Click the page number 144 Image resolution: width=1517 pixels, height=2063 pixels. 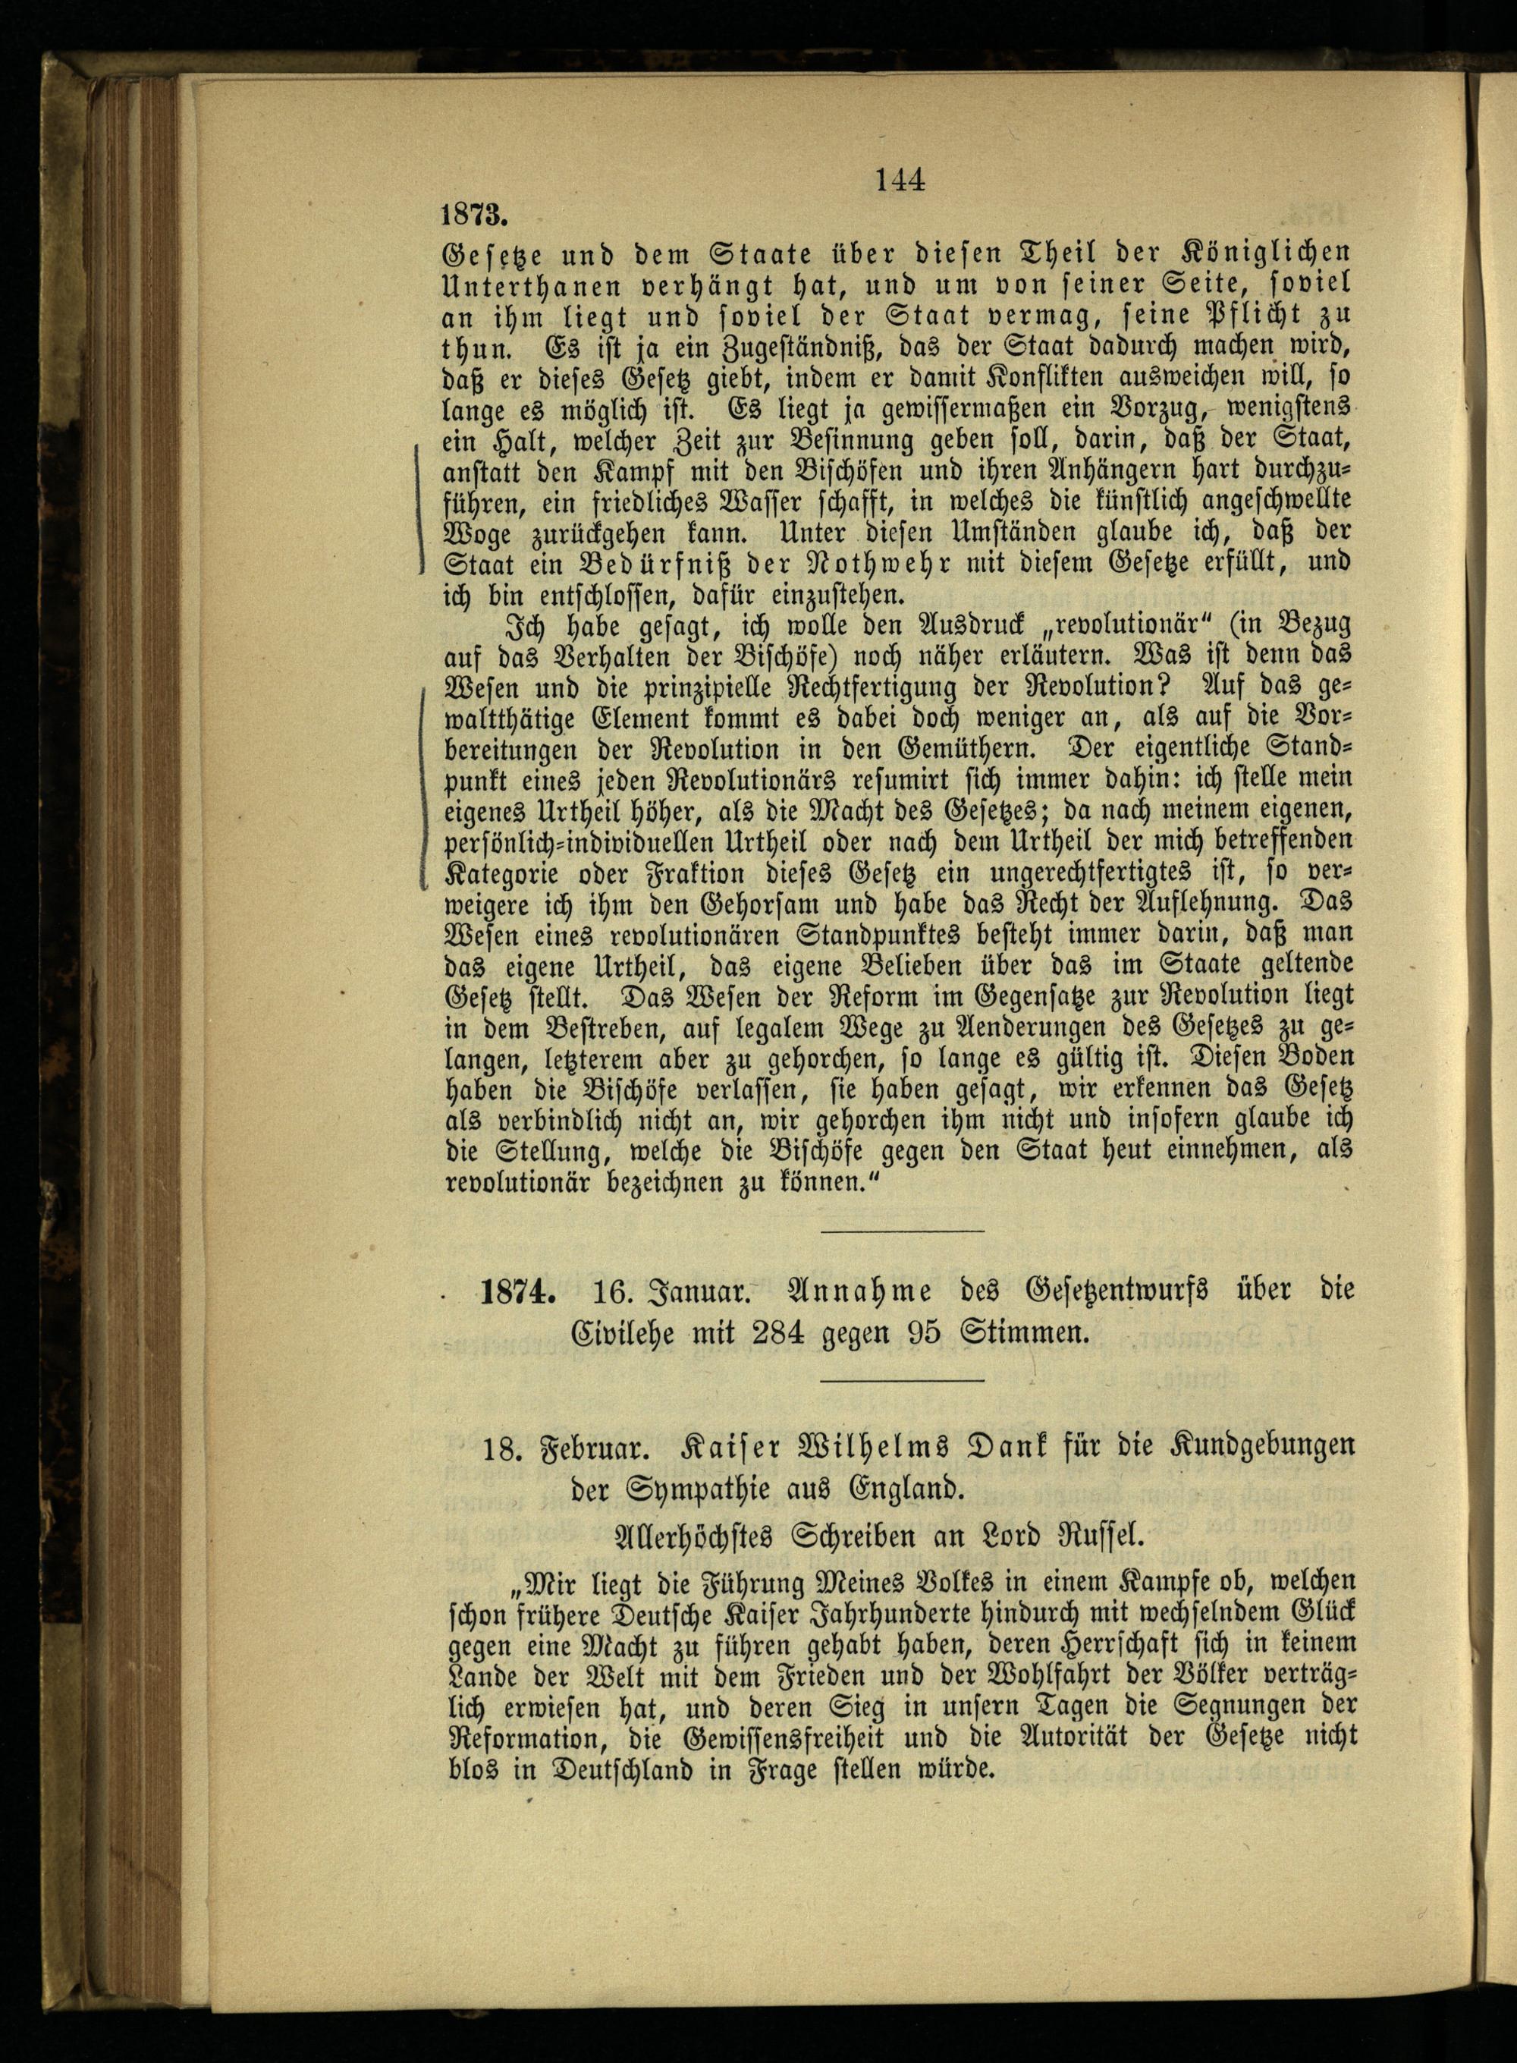coord(899,181)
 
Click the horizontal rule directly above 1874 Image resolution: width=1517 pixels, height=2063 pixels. coord(902,1231)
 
